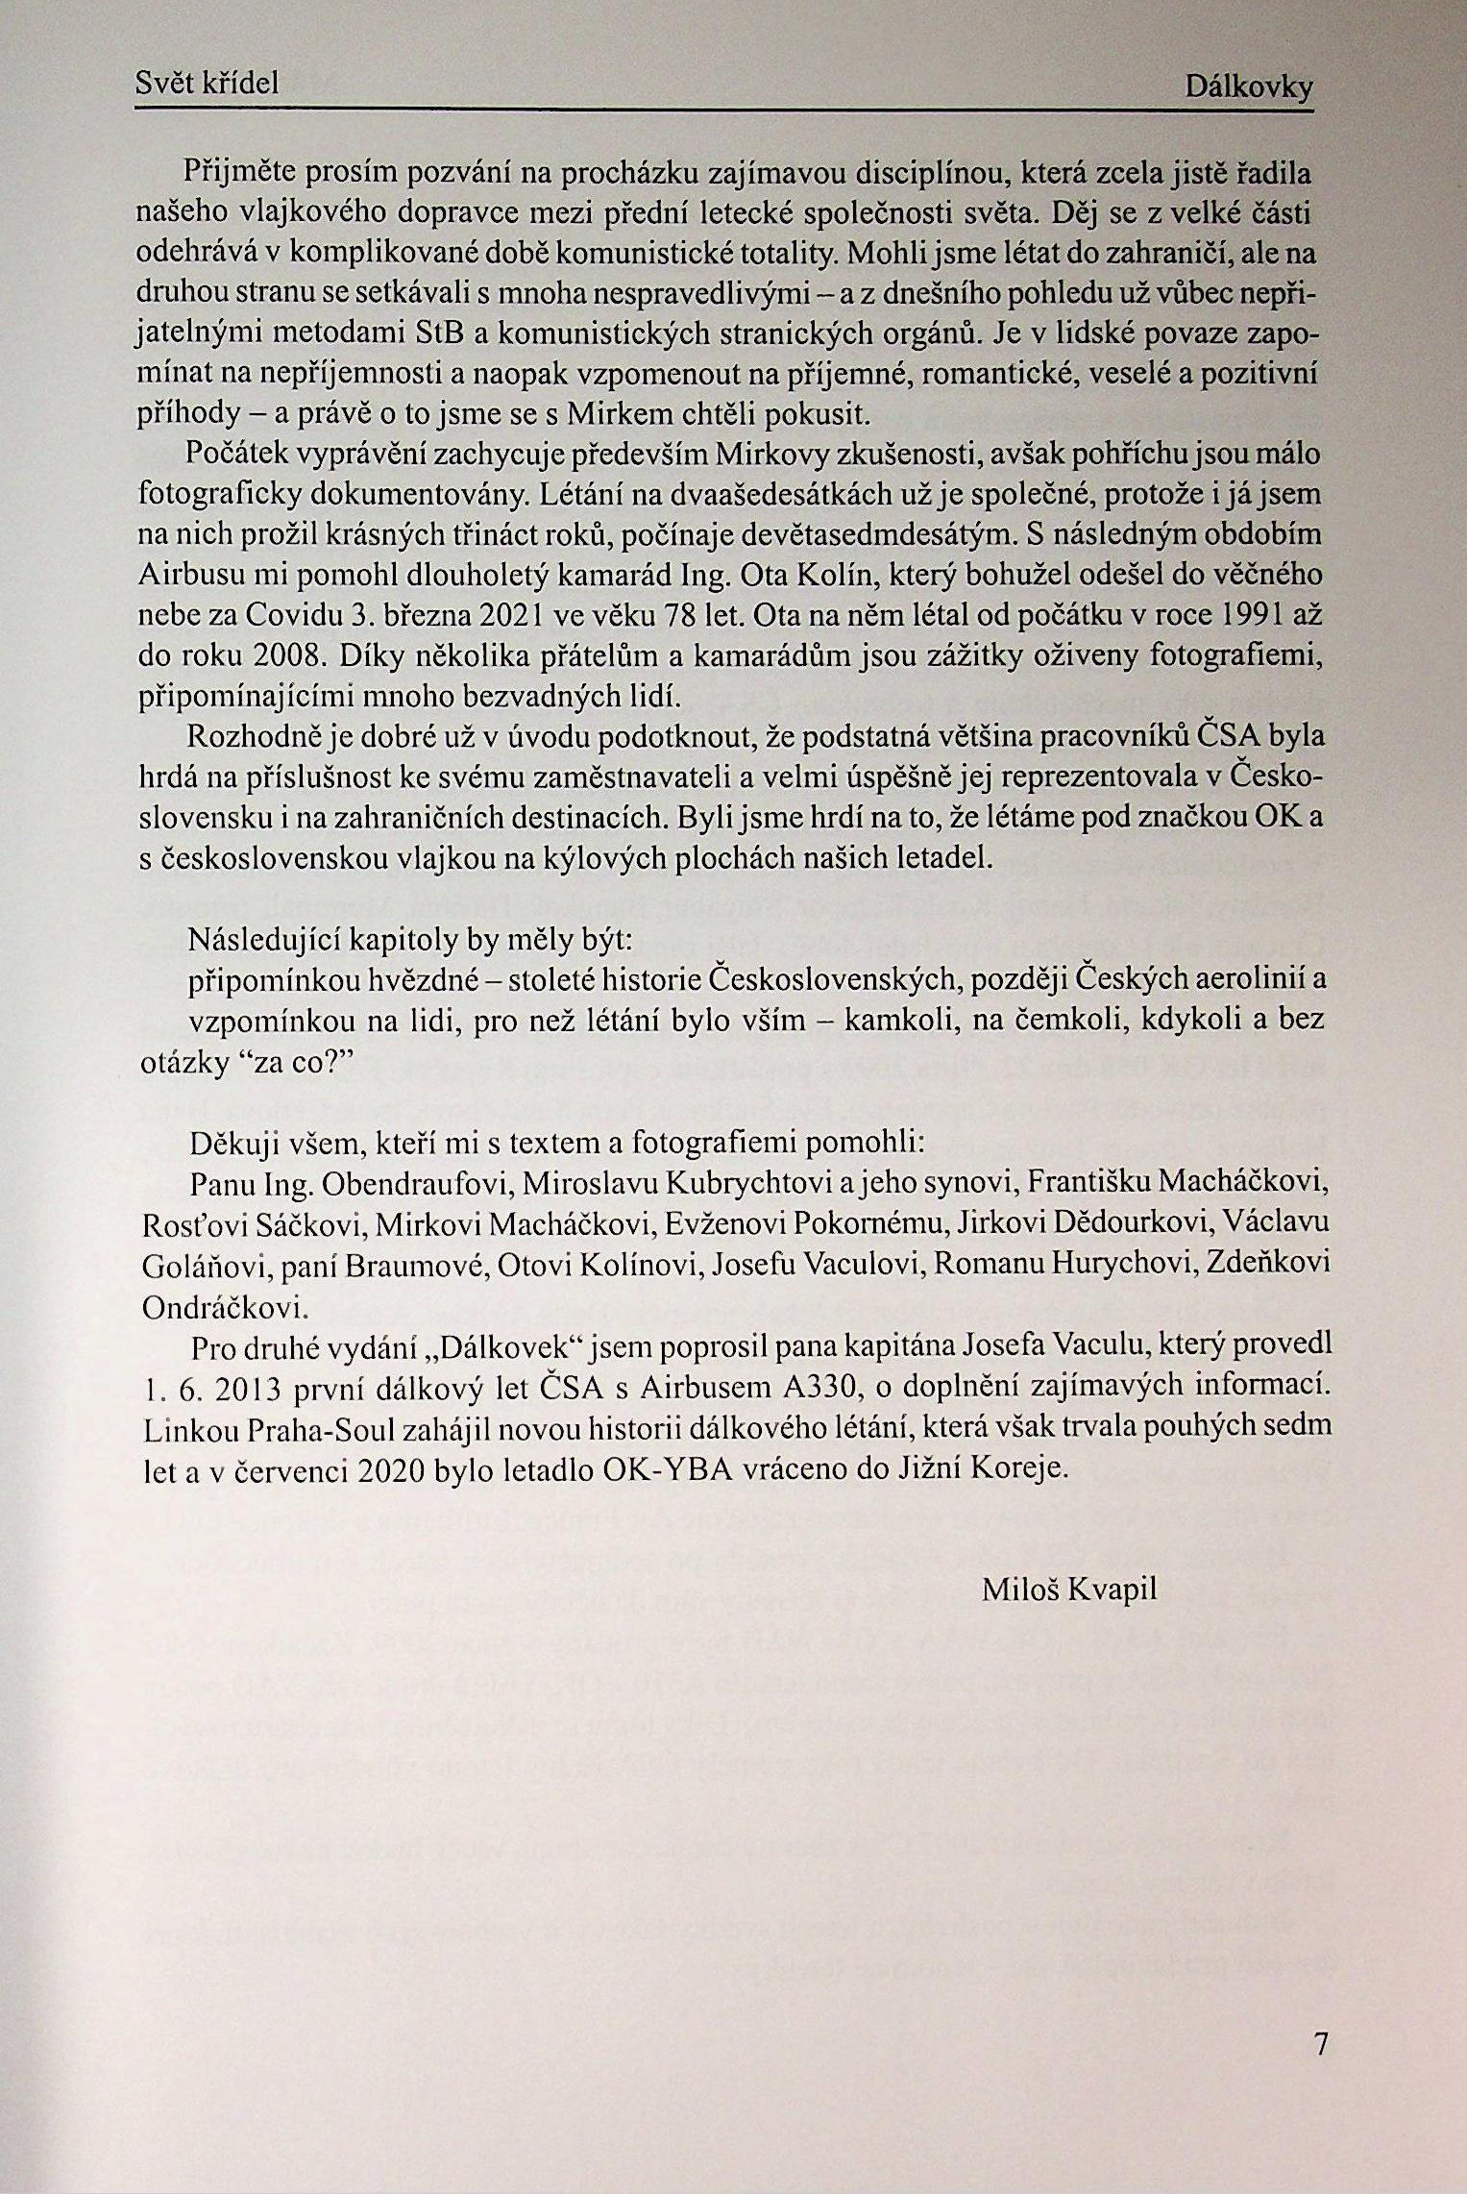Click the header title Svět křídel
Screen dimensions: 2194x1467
(207, 84)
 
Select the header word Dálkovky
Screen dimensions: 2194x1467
(1249, 87)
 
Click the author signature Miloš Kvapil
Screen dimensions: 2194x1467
(1069, 1589)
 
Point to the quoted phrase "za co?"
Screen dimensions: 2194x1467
(289, 1060)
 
